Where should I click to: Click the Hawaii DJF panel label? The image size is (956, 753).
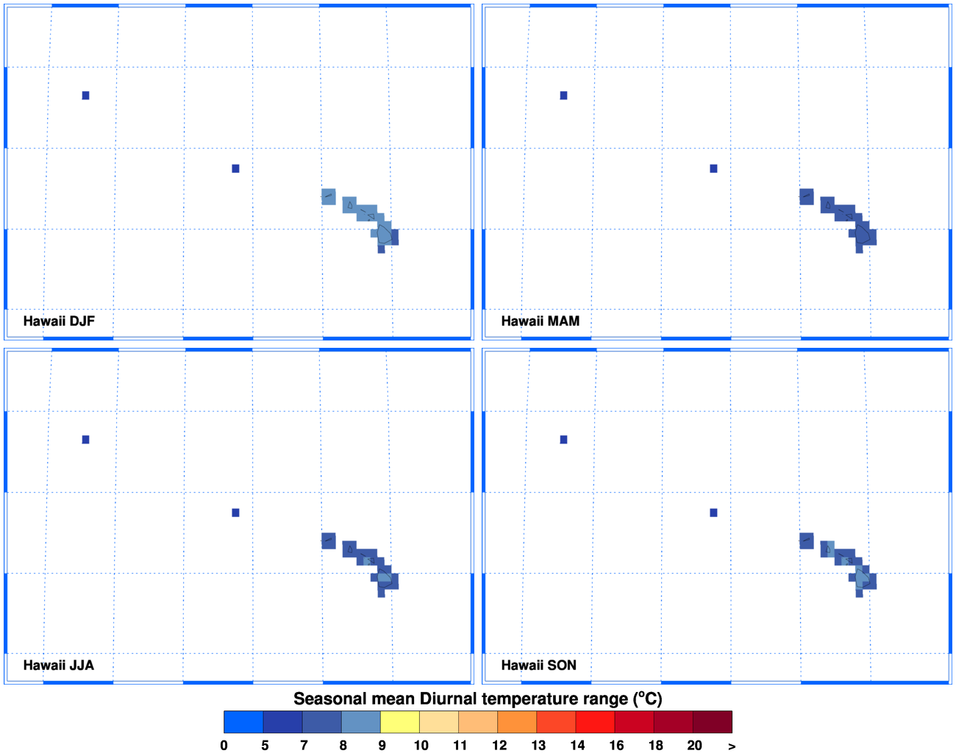[x=59, y=321]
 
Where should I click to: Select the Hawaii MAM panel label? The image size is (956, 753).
[x=540, y=321]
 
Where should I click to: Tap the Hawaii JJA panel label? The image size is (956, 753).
[x=58, y=665]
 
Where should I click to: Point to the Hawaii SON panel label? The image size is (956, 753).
[x=538, y=665]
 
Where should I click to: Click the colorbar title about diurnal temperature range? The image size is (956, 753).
[x=478, y=699]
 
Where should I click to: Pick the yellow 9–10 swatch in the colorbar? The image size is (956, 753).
[x=399, y=722]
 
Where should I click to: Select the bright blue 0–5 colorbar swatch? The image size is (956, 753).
[x=243, y=722]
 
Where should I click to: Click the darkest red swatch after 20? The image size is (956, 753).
[x=712, y=722]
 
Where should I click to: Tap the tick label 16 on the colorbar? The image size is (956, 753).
[x=616, y=745]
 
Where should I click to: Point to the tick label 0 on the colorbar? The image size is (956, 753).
[x=224, y=745]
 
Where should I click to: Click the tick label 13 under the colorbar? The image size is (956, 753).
[x=538, y=745]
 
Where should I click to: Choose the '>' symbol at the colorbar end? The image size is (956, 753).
[x=731, y=746]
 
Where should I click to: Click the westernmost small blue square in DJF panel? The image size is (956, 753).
[x=85, y=96]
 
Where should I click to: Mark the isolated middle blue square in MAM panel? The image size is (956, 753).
[x=713, y=168]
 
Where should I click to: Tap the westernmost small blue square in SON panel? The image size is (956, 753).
[x=563, y=440]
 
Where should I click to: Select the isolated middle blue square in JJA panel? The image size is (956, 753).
[x=235, y=513]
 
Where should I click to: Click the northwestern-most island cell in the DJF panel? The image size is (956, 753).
[x=329, y=196]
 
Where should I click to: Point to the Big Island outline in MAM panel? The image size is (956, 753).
[x=863, y=235]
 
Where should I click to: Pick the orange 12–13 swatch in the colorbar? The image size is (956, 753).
[x=517, y=722]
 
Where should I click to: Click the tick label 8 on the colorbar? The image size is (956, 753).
[x=343, y=745]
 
